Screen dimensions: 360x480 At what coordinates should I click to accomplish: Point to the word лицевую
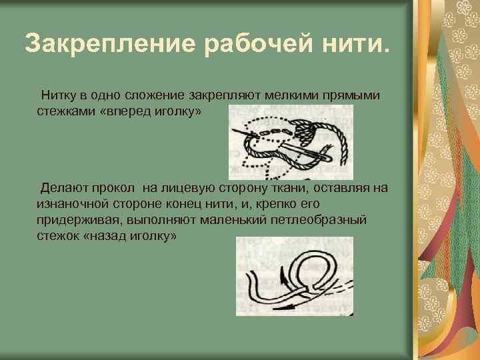[189, 188]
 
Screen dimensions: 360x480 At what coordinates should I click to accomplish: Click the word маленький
[231, 219]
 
